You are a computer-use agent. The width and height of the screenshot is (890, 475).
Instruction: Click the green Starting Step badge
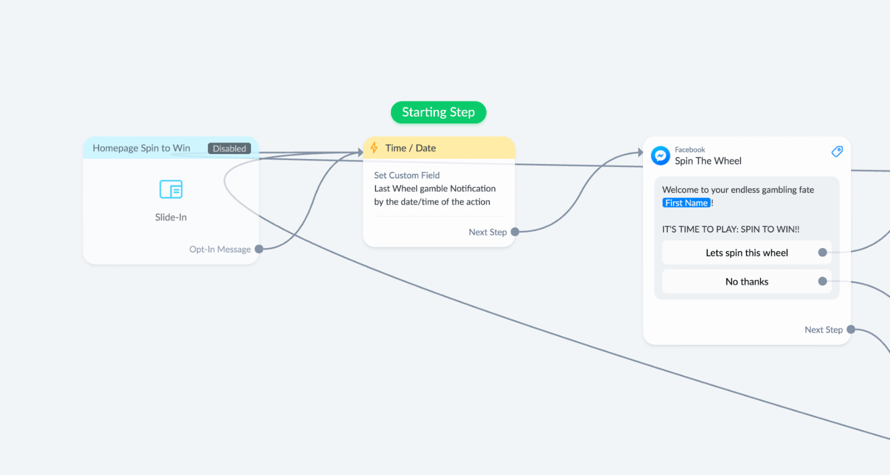coord(438,112)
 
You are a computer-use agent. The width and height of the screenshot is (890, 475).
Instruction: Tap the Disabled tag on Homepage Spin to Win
coord(229,148)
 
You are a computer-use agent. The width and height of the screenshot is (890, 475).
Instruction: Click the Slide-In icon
coord(171,189)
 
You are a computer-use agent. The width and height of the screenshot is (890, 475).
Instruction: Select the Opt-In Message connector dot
coord(259,249)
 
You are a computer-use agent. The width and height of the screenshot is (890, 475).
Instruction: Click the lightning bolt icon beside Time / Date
coord(374,148)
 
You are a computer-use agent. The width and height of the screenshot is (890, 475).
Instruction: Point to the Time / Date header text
coord(411,148)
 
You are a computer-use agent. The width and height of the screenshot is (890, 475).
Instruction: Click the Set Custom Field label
coord(407,175)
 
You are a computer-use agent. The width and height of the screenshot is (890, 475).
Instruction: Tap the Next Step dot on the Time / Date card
coord(515,232)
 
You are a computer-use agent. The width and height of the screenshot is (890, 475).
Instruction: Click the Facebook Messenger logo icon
coord(660,156)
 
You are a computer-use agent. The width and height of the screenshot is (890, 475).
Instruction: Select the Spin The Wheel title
coord(708,161)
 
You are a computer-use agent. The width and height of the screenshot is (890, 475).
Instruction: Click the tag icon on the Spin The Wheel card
coord(837,151)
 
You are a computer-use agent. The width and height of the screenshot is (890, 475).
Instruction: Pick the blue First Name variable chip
coord(686,203)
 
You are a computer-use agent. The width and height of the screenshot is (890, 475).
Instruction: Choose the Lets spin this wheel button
coord(746,253)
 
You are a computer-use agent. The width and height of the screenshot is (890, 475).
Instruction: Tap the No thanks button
coord(746,281)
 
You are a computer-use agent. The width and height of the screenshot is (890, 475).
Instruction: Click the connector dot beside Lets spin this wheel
coord(823,252)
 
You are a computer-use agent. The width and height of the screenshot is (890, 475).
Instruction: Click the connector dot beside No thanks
coord(823,281)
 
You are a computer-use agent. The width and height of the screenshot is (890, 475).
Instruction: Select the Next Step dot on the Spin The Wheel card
coord(851,329)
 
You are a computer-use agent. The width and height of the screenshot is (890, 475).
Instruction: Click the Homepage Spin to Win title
coord(141,148)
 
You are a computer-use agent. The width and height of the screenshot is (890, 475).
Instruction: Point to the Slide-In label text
coord(171,217)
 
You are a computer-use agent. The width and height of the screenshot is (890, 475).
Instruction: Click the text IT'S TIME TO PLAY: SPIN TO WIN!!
coord(731,229)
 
